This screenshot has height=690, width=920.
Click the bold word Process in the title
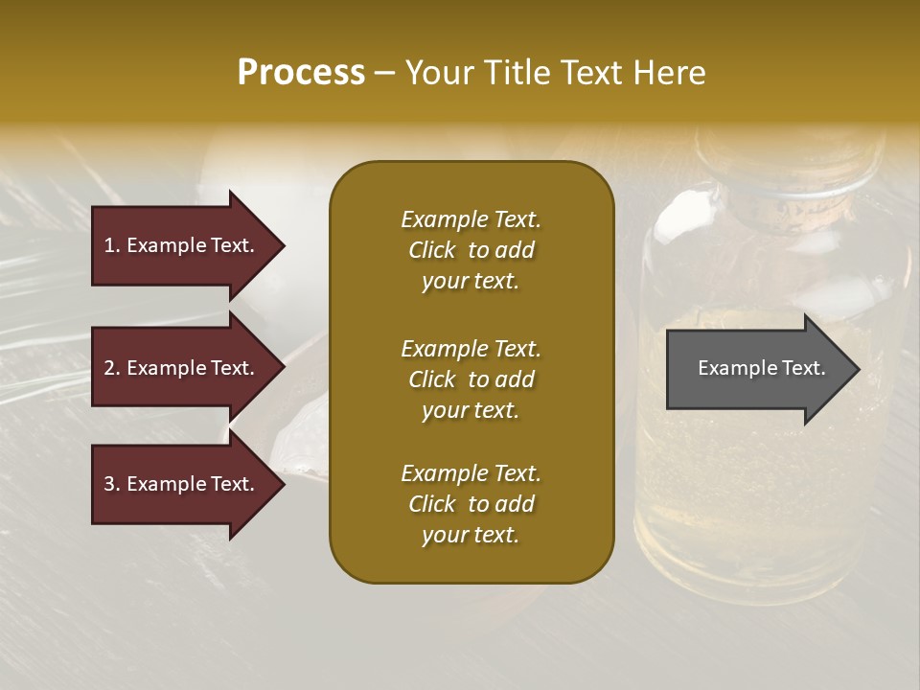[301, 73]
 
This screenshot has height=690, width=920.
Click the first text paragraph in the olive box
[471, 250]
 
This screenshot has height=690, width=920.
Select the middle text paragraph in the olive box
[471, 379]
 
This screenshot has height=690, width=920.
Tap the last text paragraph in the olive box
[471, 504]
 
